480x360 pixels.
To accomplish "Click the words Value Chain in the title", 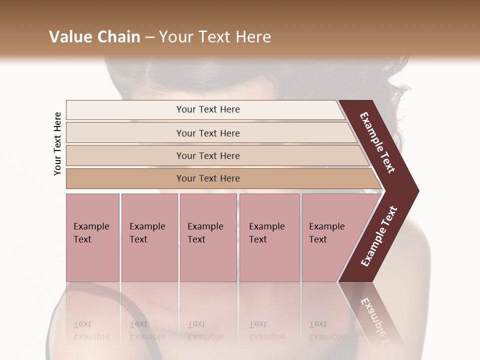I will (94, 37).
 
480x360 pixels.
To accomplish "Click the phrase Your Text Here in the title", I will (215, 37).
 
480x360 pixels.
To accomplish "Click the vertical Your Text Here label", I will (57, 143).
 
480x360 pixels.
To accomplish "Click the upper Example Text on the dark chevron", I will (377, 142).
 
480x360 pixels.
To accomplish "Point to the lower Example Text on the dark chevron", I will (379, 236).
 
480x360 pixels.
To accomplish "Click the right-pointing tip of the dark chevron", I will (416, 191).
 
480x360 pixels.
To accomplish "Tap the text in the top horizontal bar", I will (208, 109).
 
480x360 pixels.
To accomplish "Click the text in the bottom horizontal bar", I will (208, 178).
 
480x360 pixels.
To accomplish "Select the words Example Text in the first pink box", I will (91, 233).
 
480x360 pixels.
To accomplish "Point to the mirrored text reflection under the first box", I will (91, 330).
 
